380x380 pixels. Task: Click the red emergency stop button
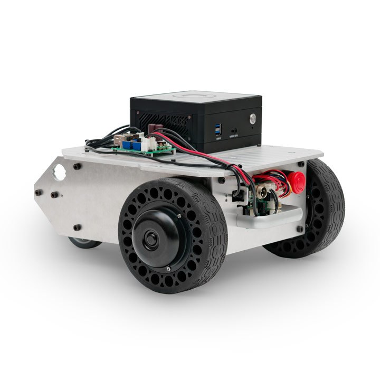[x=297, y=179]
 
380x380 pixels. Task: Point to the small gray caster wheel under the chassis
[x=84, y=243]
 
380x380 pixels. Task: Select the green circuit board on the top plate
[x=142, y=148]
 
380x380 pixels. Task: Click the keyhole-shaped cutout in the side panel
[x=59, y=171]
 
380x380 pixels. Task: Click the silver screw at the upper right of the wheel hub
[x=179, y=216]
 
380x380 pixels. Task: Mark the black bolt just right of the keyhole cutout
[x=78, y=166]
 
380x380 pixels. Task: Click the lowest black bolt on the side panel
[x=77, y=227]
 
